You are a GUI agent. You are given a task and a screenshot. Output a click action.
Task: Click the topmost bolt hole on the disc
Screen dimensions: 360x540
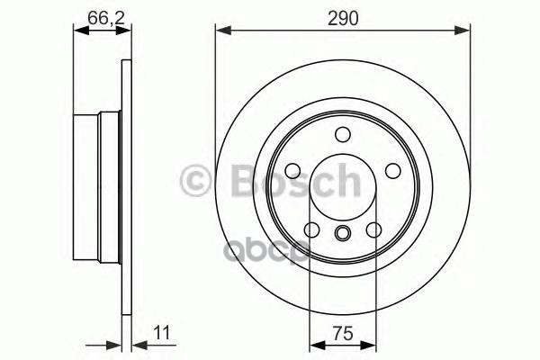[343, 135]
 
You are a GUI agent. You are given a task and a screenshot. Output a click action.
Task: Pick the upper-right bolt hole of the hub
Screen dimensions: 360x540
[391, 171]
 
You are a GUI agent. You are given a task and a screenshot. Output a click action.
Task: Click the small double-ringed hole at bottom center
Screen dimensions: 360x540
[343, 235]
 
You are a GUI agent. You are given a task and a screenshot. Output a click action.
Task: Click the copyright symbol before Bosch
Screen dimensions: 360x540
[196, 179]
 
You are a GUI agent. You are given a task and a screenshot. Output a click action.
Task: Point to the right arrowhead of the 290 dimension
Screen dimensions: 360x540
[464, 31]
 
